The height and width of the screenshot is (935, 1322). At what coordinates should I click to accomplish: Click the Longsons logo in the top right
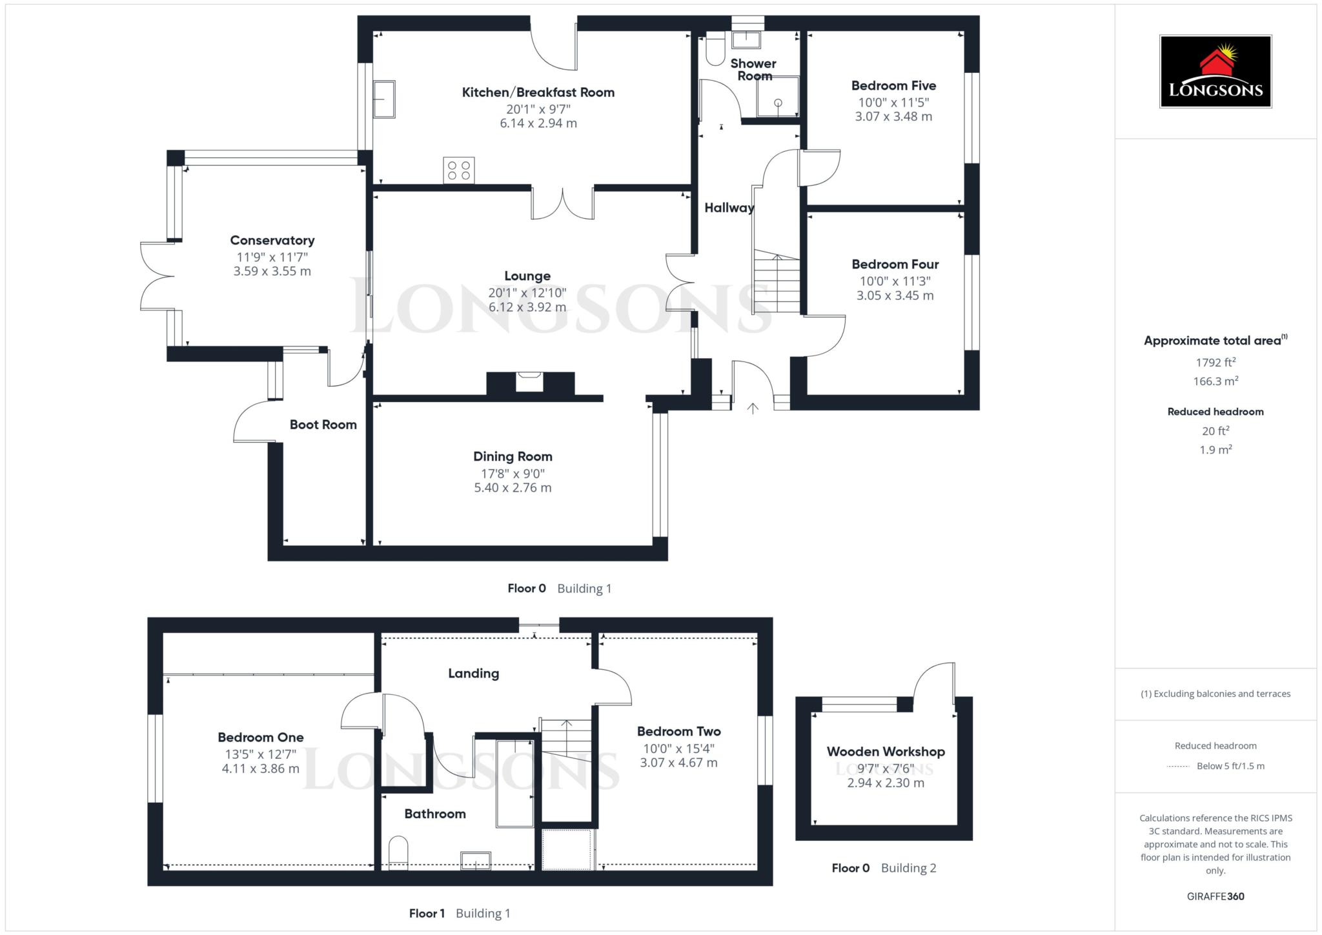pos(1215,71)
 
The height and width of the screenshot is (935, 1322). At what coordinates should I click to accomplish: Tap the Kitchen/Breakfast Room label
pos(538,92)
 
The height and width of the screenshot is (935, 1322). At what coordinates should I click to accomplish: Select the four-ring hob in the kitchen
pos(459,170)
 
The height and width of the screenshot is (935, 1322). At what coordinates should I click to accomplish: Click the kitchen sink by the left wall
pos(384,99)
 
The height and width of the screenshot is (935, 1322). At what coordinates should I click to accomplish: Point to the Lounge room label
pos(527,276)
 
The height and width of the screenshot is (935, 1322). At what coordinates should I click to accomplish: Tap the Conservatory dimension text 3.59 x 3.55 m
pos(272,272)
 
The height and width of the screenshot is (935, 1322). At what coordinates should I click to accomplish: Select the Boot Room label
pos(323,425)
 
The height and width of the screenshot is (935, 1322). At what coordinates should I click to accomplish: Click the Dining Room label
pos(513,457)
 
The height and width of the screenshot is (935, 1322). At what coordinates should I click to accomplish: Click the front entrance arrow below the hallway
pos(753,408)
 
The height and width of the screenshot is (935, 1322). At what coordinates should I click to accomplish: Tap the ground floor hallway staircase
pos(777,282)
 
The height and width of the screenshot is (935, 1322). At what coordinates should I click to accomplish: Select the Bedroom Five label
pos(893,86)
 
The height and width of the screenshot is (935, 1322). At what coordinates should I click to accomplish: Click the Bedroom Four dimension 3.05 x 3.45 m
pos(895,296)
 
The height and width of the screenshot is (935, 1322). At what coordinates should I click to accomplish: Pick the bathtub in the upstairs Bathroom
pos(515,783)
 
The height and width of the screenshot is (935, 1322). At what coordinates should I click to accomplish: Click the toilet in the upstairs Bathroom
pos(399,853)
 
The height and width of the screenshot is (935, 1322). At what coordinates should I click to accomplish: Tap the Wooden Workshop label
pos(886,752)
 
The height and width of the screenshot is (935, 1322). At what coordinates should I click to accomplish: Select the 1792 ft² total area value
pos(1215,362)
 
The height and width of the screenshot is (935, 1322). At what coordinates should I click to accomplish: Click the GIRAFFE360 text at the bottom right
pos(1215,896)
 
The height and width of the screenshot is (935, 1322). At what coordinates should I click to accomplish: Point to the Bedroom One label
pos(261,738)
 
